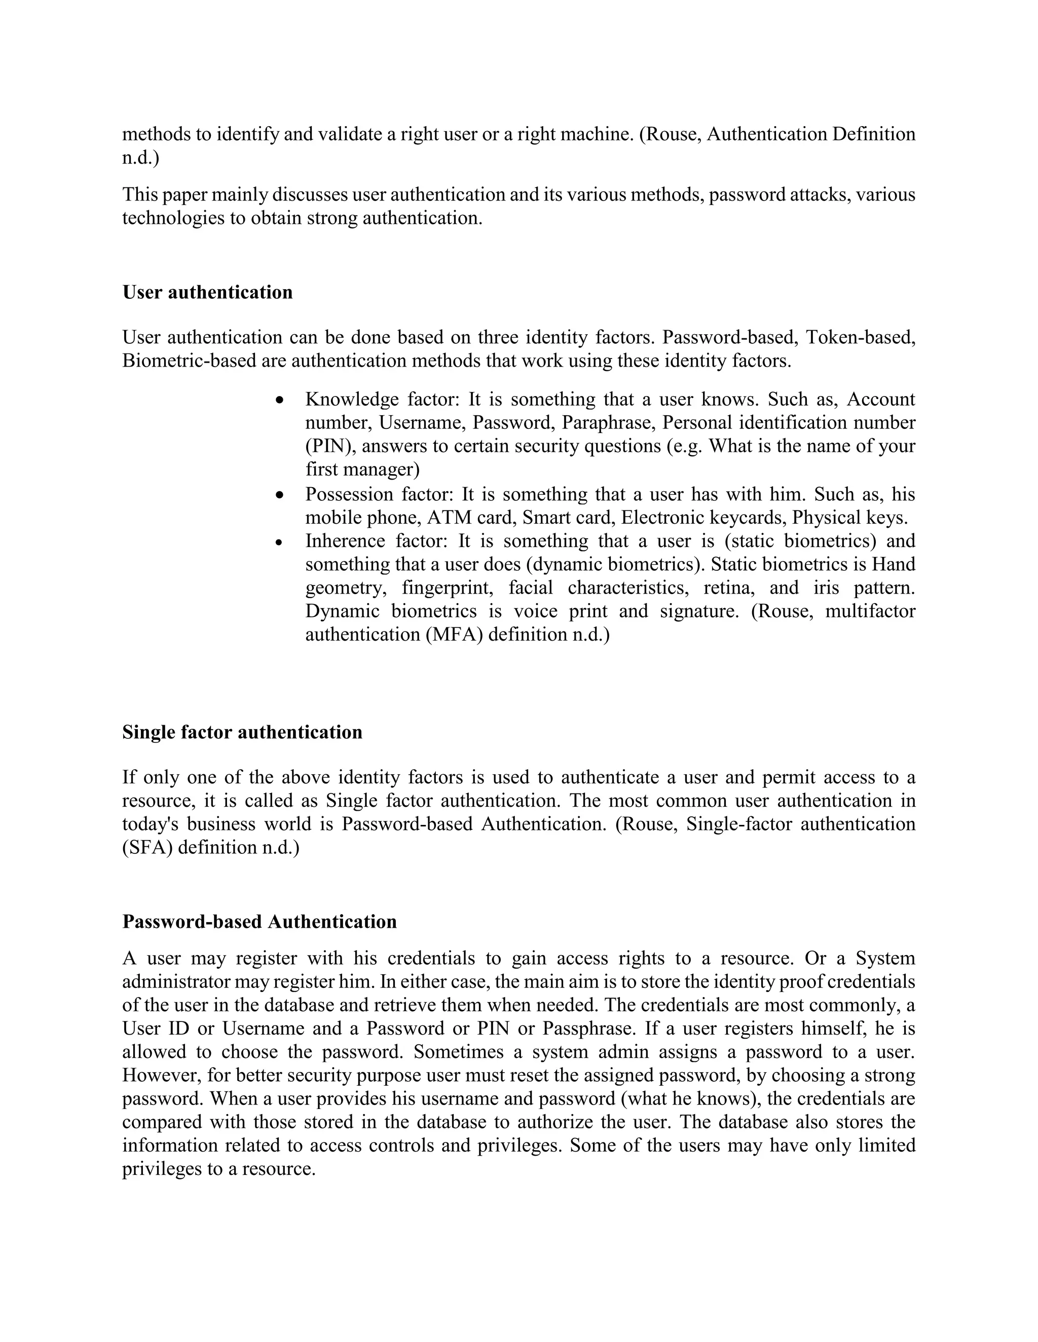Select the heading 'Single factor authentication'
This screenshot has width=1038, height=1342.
[242, 732]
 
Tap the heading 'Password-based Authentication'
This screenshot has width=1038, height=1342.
[259, 921]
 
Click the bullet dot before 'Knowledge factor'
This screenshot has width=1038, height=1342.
[280, 401]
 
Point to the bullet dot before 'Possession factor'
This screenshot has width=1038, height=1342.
[280, 495]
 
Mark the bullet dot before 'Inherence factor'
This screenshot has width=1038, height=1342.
[280, 542]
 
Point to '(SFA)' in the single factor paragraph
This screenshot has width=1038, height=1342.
[147, 847]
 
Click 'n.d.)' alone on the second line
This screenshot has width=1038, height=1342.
[140, 158]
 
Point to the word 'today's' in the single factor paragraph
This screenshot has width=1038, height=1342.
[150, 824]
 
